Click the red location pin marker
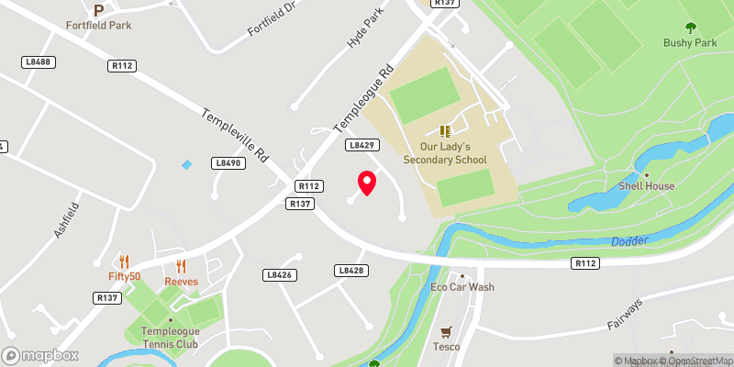coord(367,183)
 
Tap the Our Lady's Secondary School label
coord(445,152)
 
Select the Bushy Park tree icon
coord(690,28)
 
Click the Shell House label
coord(647,185)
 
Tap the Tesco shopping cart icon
coord(446,332)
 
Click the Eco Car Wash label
coord(462,287)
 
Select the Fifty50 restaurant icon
coord(124,261)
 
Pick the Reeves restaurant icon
coord(181,266)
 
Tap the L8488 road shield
coord(39,61)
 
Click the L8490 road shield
coord(228,162)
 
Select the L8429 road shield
coord(361,145)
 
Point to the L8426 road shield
coord(278,274)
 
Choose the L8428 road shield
coord(351,271)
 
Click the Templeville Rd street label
coord(237,137)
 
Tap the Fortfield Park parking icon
coord(98,9)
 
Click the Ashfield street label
coord(61,221)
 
